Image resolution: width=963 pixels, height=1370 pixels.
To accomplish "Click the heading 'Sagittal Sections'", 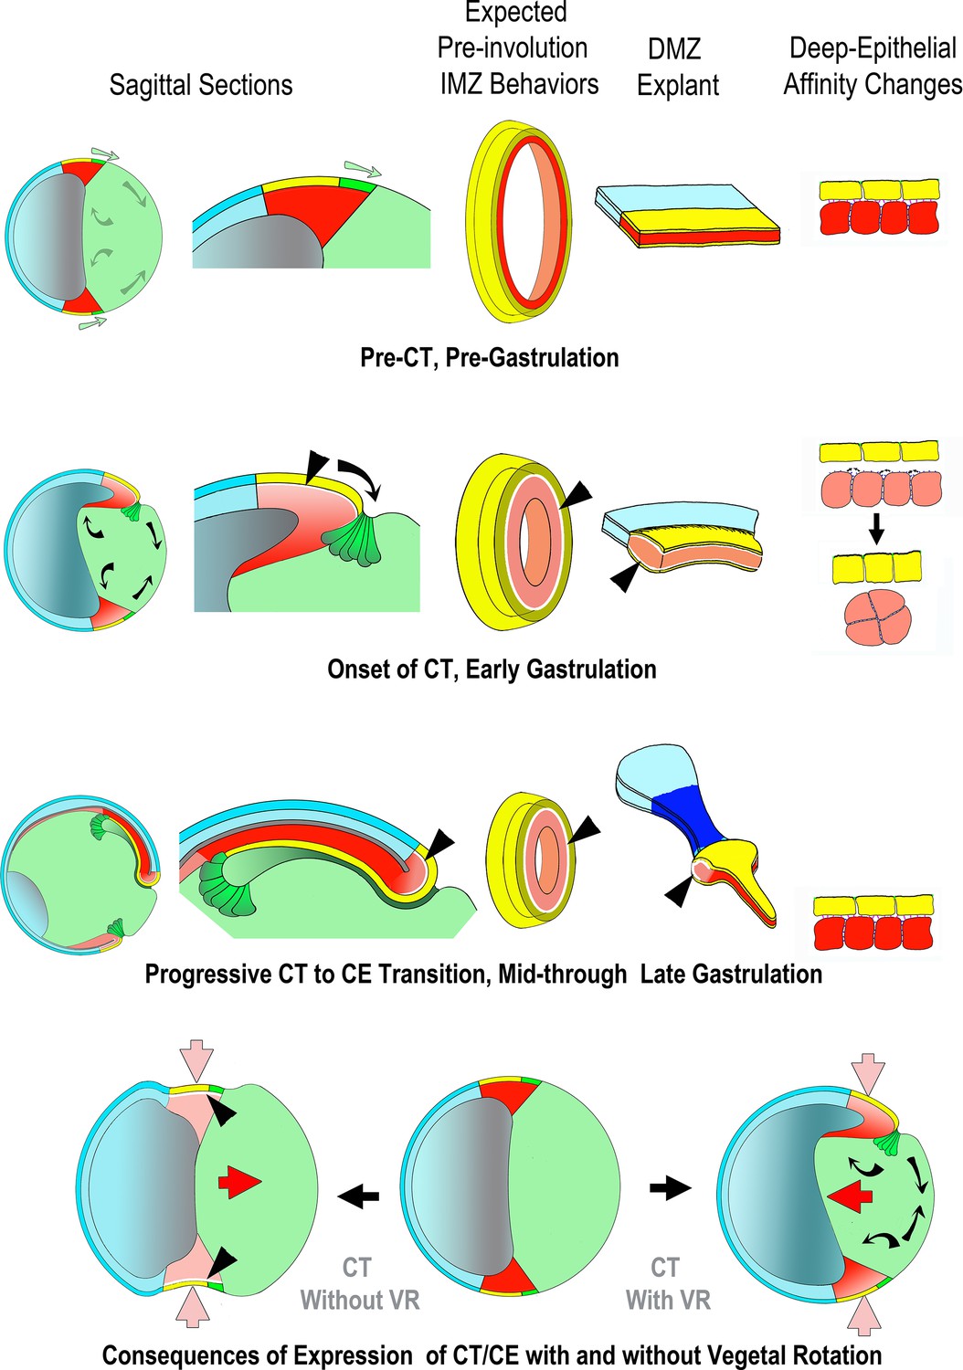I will [201, 85].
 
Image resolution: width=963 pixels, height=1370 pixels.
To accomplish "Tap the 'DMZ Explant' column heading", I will [677, 67].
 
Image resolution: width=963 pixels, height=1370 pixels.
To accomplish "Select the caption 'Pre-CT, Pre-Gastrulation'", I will [489, 357].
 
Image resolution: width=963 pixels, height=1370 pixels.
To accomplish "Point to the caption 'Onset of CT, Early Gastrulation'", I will [492, 669].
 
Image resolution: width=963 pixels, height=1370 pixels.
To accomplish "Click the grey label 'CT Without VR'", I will [359, 1283].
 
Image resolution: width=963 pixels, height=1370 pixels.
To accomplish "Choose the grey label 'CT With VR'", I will [667, 1283].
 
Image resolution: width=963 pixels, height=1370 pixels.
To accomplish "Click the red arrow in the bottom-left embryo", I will [240, 1183].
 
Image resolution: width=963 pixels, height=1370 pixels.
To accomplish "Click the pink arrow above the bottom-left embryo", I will [196, 1062].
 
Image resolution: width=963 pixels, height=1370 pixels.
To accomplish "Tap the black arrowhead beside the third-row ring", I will [586, 827].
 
